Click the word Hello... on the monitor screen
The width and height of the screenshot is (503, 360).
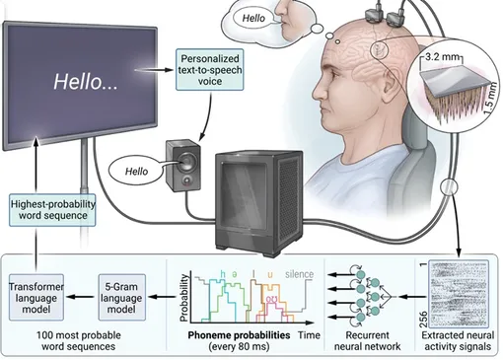click(86, 81)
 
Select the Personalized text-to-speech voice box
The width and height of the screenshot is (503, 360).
click(210, 70)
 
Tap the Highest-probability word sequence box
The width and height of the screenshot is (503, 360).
click(52, 210)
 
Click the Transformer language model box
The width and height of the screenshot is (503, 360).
click(36, 298)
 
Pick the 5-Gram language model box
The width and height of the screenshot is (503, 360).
click(121, 298)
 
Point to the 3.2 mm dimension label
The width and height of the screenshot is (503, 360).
click(441, 57)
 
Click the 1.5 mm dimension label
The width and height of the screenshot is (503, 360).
click(489, 98)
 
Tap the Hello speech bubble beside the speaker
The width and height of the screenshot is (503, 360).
click(136, 172)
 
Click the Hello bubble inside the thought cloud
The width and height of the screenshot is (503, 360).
click(253, 18)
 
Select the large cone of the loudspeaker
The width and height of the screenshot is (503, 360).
click(186, 161)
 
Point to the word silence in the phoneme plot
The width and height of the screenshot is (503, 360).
click(299, 274)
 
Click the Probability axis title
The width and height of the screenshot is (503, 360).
click(183, 298)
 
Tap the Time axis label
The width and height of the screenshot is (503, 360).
click(309, 335)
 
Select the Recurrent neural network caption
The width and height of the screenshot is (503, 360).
click(367, 340)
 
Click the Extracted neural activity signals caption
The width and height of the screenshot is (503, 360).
click(458, 340)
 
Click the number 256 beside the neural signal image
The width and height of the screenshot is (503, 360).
click(424, 320)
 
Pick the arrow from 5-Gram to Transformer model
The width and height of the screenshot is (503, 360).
click(80, 297)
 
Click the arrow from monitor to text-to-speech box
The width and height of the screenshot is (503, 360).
click(154, 70)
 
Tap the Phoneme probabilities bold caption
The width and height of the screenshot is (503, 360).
click(239, 335)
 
